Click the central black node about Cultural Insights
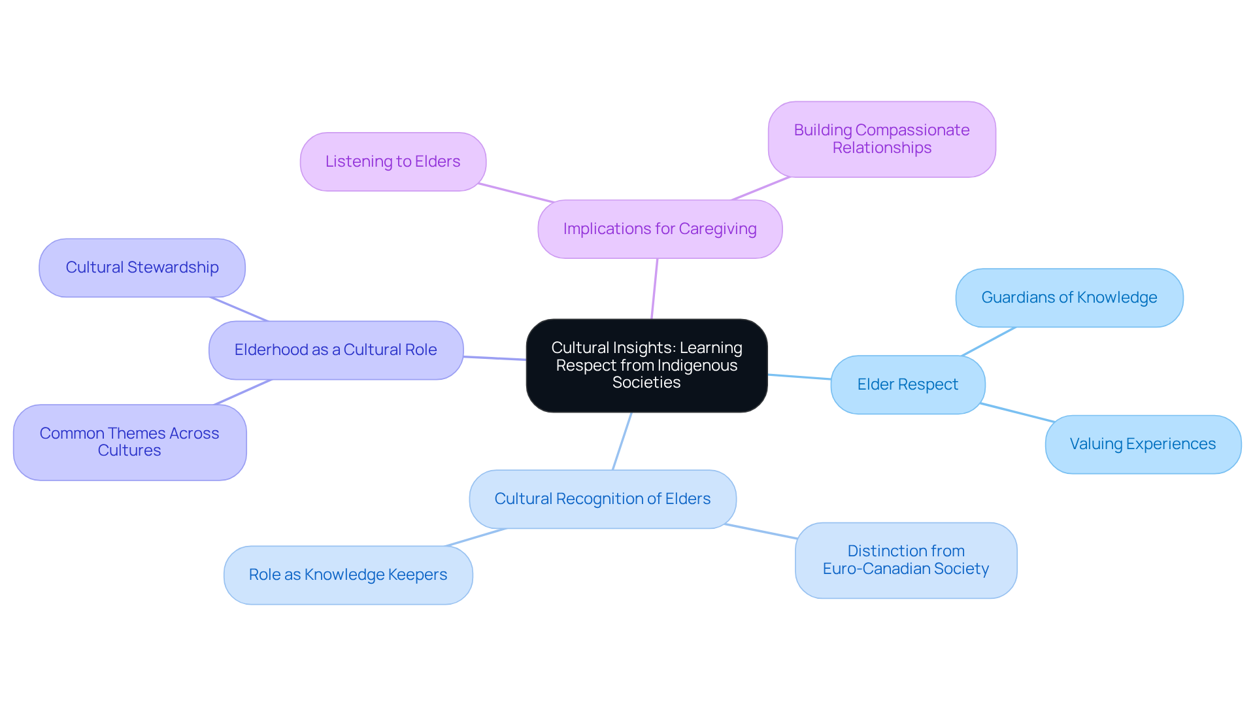click(646, 365)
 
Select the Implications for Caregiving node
click(660, 229)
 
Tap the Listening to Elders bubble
click(393, 161)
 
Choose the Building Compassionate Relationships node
click(881, 139)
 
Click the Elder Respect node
click(907, 384)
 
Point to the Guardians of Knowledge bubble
click(1069, 297)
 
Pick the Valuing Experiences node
click(1143, 444)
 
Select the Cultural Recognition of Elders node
click(602, 499)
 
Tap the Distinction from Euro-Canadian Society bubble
click(905, 560)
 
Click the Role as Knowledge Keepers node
click(348, 575)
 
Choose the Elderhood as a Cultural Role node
click(335, 350)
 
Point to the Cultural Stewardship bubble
click(142, 267)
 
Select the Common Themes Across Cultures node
click(129, 442)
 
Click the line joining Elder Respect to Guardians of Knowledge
click(988, 341)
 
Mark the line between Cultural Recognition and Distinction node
click(760, 531)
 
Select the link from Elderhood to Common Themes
click(243, 392)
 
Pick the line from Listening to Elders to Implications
click(516, 193)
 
